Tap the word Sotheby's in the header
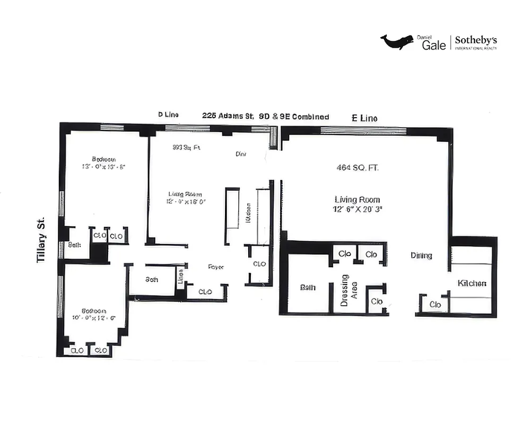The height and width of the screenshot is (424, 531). (x=476, y=41)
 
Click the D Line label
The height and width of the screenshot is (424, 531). (x=168, y=114)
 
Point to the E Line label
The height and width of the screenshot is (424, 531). (x=364, y=118)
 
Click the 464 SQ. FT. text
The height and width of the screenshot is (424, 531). (x=358, y=168)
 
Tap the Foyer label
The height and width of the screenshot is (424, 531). (x=215, y=267)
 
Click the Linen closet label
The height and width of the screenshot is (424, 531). (x=180, y=277)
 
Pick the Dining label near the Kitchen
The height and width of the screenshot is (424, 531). (x=421, y=255)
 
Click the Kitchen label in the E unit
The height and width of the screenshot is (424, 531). (x=472, y=284)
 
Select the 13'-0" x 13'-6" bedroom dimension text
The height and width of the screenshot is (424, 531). (x=103, y=166)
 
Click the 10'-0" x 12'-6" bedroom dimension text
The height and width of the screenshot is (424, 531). (x=94, y=319)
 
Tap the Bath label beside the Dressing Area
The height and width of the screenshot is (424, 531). (x=308, y=287)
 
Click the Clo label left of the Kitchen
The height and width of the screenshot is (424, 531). (x=435, y=305)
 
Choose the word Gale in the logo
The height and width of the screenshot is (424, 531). (x=434, y=46)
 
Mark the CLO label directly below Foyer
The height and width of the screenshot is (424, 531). (x=205, y=291)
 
